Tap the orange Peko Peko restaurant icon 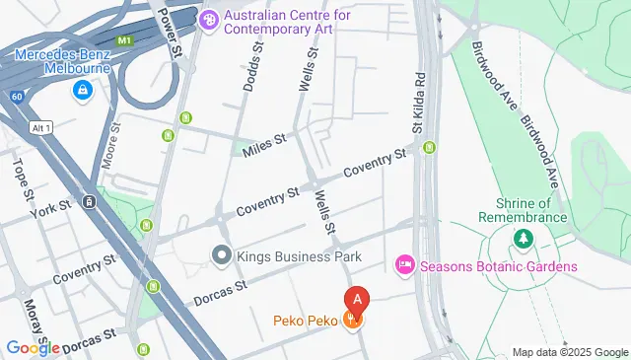(x=351, y=320)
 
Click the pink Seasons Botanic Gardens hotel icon (x=403, y=265)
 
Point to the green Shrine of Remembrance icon (x=523, y=239)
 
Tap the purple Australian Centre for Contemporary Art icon (x=208, y=20)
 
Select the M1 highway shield (x=123, y=40)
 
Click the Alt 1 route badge (x=40, y=128)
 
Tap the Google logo (x=33, y=347)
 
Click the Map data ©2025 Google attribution (x=569, y=352)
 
